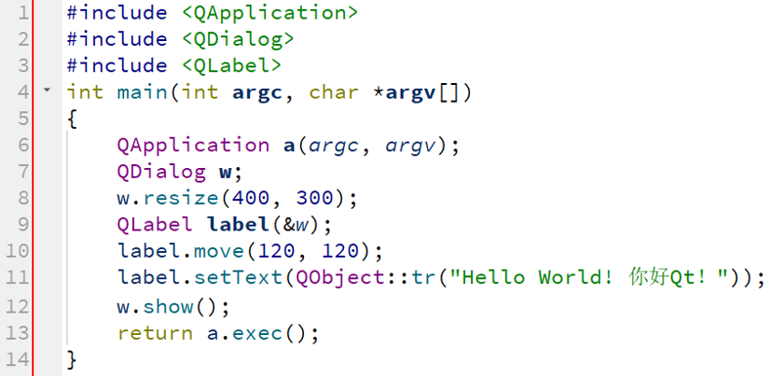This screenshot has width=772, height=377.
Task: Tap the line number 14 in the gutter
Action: pyautogui.click(x=17, y=358)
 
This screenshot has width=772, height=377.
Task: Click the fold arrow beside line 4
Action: pyautogui.click(x=47, y=91)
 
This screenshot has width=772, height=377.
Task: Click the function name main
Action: pyautogui.click(x=142, y=92)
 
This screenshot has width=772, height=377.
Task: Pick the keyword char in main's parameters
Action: pyautogui.click(x=333, y=92)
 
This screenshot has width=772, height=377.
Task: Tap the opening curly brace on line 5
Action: pyautogui.click(x=73, y=119)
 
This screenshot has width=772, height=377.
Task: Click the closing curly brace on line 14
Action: pyautogui.click(x=73, y=358)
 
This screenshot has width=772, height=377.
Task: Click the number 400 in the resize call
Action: pyautogui.click(x=238, y=199)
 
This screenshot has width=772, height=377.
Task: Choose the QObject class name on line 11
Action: pyautogui.click(x=326, y=278)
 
